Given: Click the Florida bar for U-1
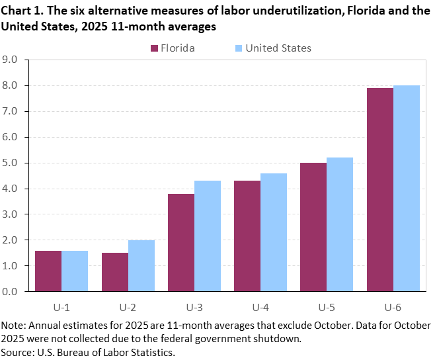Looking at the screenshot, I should point(48,271).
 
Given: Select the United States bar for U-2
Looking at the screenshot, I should point(141,265).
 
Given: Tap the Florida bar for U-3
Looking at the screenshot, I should point(181,242).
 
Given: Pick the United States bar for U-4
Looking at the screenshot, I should point(274,232).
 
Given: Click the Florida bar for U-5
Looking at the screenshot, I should point(313,227).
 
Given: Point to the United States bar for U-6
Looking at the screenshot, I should point(407,188).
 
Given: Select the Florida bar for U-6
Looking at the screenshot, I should point(380,189).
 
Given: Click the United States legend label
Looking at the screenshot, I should point(278,48).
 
